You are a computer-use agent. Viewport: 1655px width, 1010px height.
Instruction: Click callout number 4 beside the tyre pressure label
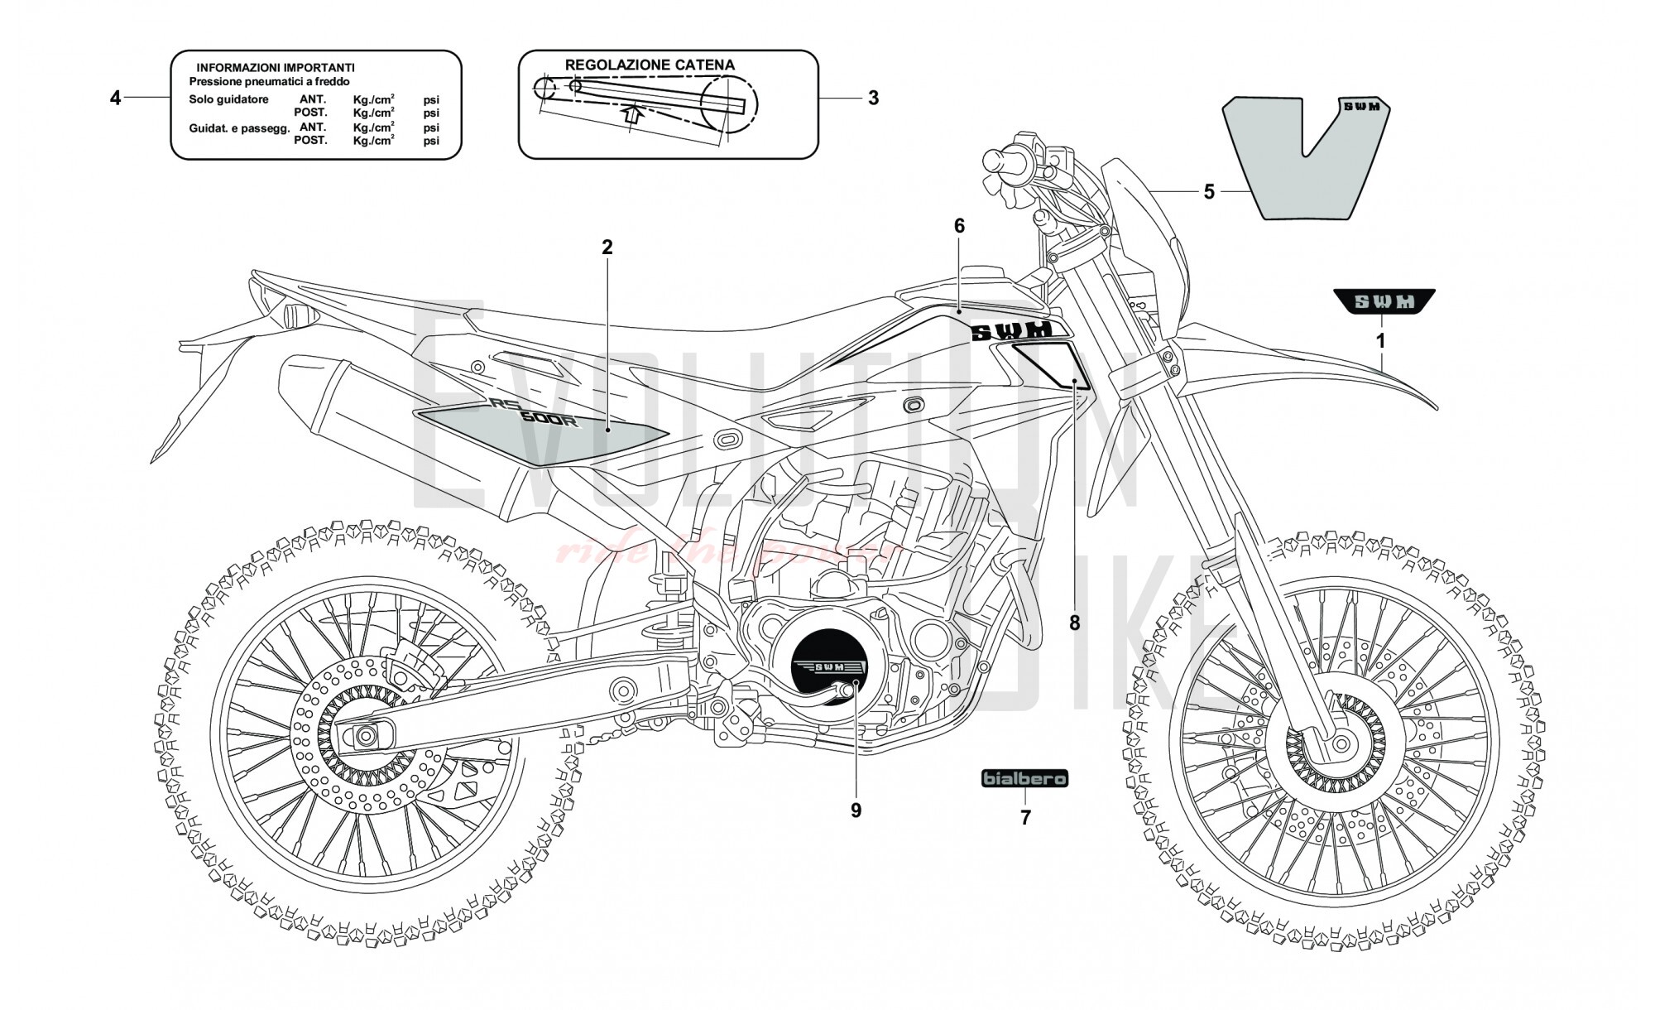115,99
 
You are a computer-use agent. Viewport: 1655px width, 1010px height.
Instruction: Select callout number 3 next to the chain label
873,98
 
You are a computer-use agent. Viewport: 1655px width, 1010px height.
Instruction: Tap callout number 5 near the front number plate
1208,192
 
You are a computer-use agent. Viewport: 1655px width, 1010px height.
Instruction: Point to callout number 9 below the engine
856,810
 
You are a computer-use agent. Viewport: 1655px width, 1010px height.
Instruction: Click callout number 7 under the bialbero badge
1025,818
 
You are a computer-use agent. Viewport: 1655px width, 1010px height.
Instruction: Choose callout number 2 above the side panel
607,247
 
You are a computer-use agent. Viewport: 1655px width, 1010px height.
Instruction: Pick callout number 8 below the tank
1074,623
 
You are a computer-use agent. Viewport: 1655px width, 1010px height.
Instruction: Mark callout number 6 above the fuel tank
959,226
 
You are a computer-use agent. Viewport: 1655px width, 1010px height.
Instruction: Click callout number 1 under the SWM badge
1379,340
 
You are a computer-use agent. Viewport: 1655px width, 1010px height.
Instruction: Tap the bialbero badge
1024,779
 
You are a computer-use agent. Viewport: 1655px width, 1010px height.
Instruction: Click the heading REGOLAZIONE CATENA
650,65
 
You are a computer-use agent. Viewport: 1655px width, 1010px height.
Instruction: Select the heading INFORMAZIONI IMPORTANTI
276,67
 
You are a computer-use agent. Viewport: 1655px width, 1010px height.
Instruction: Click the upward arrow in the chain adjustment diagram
632,113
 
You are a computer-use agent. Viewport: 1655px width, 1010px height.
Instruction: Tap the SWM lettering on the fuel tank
1010,331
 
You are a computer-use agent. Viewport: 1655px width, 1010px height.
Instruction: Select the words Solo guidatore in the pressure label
228,99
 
